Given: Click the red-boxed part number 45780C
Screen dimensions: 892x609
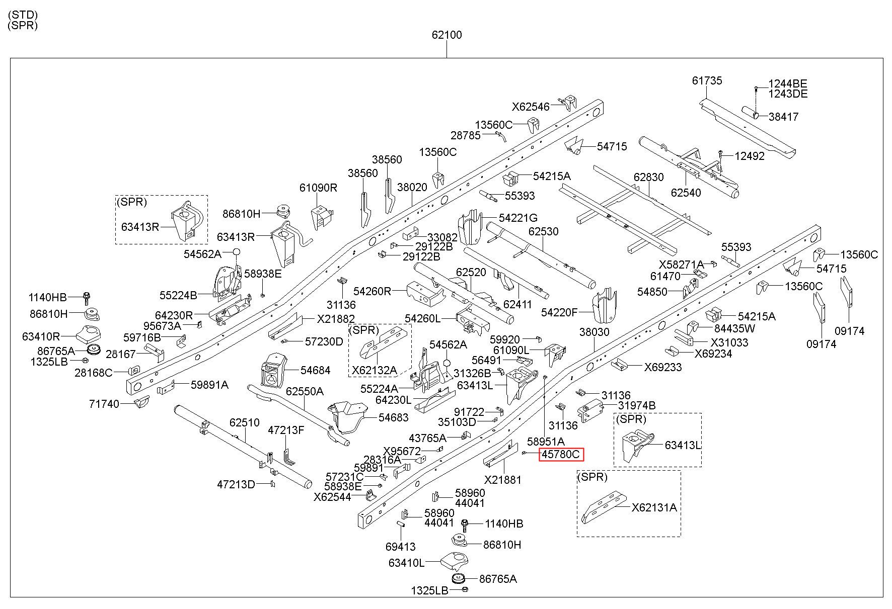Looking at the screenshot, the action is (561, 455).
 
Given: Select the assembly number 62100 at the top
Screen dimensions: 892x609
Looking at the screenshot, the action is (447, 35).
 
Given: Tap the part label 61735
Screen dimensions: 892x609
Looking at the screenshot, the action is (707, 80).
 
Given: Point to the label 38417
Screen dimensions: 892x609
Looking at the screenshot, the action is (784, 117).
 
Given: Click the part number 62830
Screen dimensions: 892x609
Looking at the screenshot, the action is (649, 177).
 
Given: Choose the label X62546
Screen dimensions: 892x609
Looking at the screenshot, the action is (531, 107).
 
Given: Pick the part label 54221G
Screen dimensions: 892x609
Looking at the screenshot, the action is (518, 218).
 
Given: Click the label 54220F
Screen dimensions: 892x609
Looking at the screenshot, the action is (559, 312).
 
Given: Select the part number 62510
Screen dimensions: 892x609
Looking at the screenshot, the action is (245, 422).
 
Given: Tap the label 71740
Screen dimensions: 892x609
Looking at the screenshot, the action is (104, 404).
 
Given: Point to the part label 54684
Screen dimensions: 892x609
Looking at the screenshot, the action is (316, 370).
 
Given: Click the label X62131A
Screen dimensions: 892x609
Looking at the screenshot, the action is (654, 507).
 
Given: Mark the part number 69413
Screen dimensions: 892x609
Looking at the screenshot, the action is (401, 547).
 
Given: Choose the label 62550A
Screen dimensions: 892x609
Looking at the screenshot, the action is (305, 391).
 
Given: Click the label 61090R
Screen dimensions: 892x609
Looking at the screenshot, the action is (318, 188).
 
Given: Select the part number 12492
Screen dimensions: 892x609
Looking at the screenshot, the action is (750, 156).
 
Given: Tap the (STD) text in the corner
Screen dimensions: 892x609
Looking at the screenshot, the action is (23, 15).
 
